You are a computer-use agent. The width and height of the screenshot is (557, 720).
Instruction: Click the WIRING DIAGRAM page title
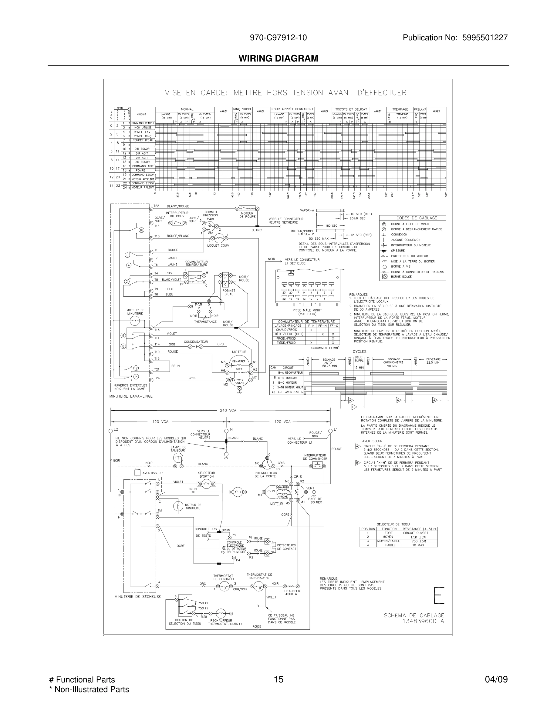click(x=278, y=58)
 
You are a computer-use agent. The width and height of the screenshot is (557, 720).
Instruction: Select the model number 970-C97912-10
click(x=278, y=38)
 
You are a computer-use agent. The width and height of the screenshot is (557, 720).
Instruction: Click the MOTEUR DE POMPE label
click(x=247, y=215)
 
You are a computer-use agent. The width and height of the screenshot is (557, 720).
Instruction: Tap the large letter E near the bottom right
click(x=439, y=595)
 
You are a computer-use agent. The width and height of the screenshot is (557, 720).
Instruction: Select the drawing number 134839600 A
click(x=423, y=621)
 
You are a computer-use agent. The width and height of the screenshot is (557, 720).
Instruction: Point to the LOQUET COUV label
click(x=218, y=245)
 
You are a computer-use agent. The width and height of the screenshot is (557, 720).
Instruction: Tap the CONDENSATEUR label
click(x=196, y=342)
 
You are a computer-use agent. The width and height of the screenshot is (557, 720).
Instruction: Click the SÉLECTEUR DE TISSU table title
click(x=393, y=524)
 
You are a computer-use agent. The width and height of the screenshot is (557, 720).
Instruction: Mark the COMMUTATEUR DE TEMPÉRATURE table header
click(x=306, y=322)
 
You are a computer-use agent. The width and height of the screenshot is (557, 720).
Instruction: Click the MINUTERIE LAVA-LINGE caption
click(x=131, y=396)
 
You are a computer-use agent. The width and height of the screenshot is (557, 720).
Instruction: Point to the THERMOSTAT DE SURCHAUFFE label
click(x=259, y=576)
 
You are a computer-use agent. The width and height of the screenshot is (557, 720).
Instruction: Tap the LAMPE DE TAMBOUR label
click(x=178, y=449)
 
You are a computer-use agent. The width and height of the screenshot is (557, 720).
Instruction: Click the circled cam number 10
click(x=141, y=230)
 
